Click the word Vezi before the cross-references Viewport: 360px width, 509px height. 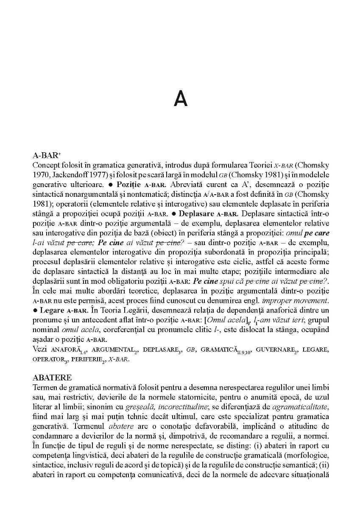[x=40, y=350]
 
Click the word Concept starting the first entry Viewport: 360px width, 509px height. [x=45, y=164]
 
